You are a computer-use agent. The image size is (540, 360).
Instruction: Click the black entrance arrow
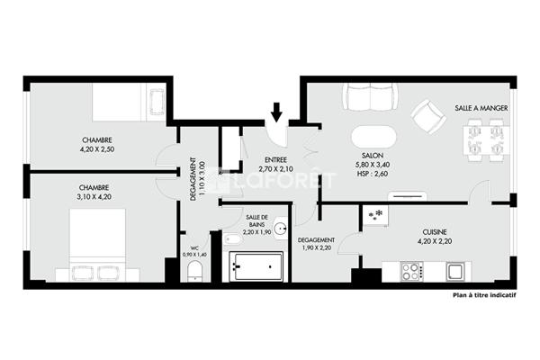pyautogui.click(x=276, y=112)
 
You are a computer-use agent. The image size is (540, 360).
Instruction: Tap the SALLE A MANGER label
pyautogui.click(x=481, y=108)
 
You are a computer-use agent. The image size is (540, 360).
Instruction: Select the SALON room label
pyautogui.click(x=373, y=156)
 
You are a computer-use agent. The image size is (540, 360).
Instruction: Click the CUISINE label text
pyautogui.click(x=435, y=232)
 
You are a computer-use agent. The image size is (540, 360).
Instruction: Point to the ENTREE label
pyautogui.click(x=275, y=160)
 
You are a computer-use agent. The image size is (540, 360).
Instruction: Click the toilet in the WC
pyautogui.click(x=195, y=271)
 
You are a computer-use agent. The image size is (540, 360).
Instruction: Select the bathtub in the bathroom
pyautogui.click(x=256, y=266)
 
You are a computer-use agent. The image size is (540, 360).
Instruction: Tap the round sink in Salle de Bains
pyautogui.click(x=282, y=228)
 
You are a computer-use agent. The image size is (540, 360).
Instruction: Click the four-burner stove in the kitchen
pyautogui.click(x=411, y=272)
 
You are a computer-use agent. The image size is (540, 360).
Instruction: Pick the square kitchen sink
pyautogui.click(x=455, y=272)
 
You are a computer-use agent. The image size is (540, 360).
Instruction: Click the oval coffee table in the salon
pyautogui.click(x=373, y=137)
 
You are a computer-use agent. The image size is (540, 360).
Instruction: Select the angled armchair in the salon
pyautogui.click(x=428, y=116)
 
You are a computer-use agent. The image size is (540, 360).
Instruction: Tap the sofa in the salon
pyautogui.click(x=370, y=97)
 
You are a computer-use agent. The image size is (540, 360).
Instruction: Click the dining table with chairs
pyautogui.click(x=486, y=140)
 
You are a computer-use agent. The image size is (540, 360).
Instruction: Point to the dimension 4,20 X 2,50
pyautogui.click(x=97, y=149)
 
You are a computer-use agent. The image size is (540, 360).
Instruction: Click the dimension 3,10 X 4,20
pyautogui.click(x=95, y=197)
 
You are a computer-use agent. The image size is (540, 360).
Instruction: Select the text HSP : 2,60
pyautogui.click(x=373, y=174)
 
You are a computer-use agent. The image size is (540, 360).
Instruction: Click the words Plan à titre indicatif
pyautogui.click(x=484, y=295)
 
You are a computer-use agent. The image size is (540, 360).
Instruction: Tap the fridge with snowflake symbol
pyautogui.click(x=375, y=216)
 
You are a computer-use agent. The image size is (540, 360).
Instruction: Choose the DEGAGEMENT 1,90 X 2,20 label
pyautogui.click(x=316, y=244)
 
